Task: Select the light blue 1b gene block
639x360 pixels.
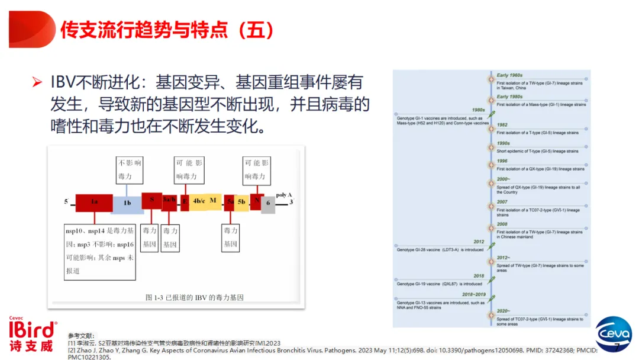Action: tap(127, 204)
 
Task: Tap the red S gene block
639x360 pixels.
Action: tap(151, 200)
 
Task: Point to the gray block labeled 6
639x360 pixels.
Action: tap(268, 204)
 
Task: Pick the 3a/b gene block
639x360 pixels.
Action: tap(169, 201)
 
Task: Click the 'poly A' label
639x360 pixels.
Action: tap(284, 195)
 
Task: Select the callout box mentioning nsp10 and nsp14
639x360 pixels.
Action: tap(100, 251)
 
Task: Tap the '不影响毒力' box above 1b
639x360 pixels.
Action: tap(129, 169)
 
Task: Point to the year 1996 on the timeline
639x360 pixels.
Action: tap(502, 161)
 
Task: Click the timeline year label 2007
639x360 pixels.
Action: tap(502, 202)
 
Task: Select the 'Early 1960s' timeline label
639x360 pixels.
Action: tap(509, 76)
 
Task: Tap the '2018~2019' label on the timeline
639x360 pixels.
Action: tap(473, 294)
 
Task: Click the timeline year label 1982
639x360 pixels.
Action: tap(502, 125)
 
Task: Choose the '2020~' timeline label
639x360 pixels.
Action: tap(504, 311)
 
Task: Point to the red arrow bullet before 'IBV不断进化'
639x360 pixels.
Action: tap(37, 82)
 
